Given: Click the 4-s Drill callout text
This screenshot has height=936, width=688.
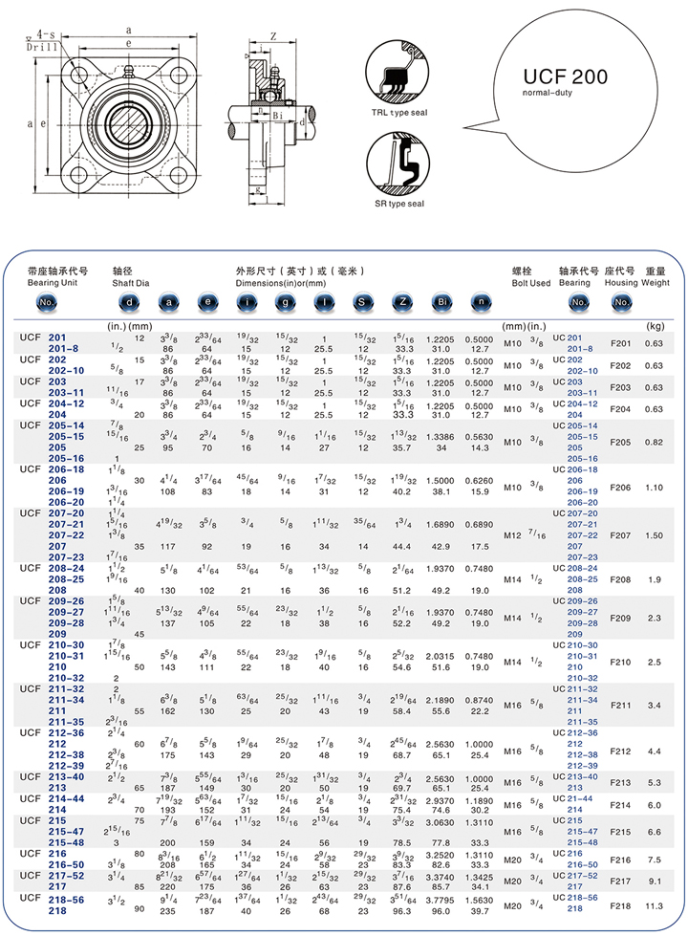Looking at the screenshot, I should (41, 39).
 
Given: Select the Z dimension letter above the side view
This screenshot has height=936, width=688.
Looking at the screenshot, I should (273, 36).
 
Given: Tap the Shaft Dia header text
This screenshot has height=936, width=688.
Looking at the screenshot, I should (131, 283).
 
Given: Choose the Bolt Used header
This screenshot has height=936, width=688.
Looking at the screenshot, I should (530, 283).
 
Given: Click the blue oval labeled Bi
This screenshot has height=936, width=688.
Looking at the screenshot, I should (441, 303).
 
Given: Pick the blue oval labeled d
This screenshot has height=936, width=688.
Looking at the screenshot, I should (131, 303).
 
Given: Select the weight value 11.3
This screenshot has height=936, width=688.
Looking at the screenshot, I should (654, 903).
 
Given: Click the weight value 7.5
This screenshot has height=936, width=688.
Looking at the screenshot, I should (654, 860).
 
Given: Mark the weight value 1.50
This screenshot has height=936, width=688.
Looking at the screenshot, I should (654, 535).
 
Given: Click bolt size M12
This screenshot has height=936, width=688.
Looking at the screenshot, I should (514, 535).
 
